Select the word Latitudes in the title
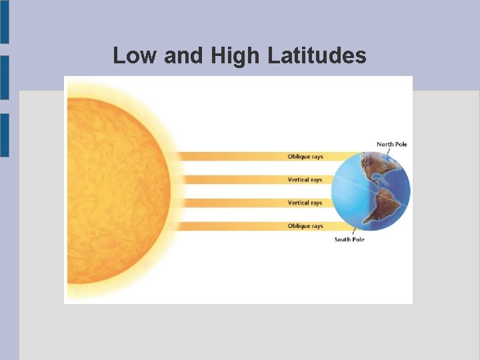[x=317, y=56]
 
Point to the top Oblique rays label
[x=305, y=157]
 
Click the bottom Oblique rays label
[x=305, y=226]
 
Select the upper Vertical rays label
[x=305, y=180]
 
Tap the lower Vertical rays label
[x=305, y=203]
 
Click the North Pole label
[x=391, y=144]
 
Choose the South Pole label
[x=349, y=239]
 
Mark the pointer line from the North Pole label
[x=387, y=152]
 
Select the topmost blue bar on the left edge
[x=4, y=21]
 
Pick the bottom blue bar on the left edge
[x=4, y=135]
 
